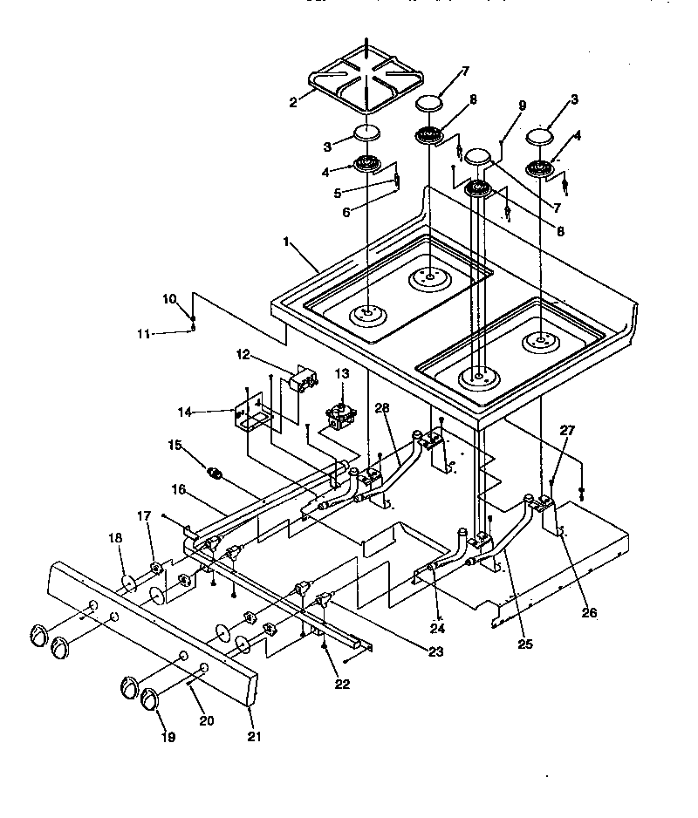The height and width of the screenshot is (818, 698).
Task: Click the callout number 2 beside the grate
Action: point(294,102)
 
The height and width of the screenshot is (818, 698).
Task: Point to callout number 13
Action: point(342,373)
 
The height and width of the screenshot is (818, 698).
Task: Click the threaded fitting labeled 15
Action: point(216,474)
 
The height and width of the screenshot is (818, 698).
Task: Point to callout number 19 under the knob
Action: point(168,737)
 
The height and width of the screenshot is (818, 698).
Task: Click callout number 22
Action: point(342,684)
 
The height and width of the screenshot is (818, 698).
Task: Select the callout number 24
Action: point(437,627)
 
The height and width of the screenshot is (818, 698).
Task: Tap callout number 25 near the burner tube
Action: point(524,644)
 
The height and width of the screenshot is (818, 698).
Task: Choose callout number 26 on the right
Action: point(590,612)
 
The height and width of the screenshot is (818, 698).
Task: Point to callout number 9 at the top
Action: point(522,106)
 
